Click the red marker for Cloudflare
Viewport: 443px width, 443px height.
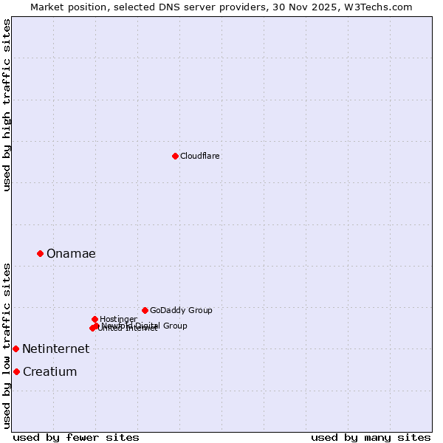[x=175, y=156]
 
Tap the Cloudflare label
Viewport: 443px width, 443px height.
[x=200, y=156]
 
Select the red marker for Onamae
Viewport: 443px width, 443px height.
[x=40, y=253]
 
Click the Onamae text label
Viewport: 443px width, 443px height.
[x=71, y=254]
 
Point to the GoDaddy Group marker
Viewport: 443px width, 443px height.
[x=145, y=310]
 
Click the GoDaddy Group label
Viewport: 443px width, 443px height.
[x=181, y=310]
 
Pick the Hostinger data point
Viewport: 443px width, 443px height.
[x=95, y=319]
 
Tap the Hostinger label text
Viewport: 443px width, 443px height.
[x=118, y=319]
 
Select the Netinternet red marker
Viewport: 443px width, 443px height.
[x=16, y=348]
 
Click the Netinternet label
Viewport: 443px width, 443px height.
[x=55, y=349]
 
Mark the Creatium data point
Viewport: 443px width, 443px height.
[x=16, y=371]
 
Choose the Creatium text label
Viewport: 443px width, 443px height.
[x=49, y=372]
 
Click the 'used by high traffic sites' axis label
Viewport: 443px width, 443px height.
[x=7, y=105]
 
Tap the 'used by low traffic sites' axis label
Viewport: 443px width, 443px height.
[x=7, y=345]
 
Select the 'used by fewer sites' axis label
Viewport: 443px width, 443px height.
[x=76, y=437]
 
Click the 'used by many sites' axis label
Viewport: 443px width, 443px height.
[x=371, y=437]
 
